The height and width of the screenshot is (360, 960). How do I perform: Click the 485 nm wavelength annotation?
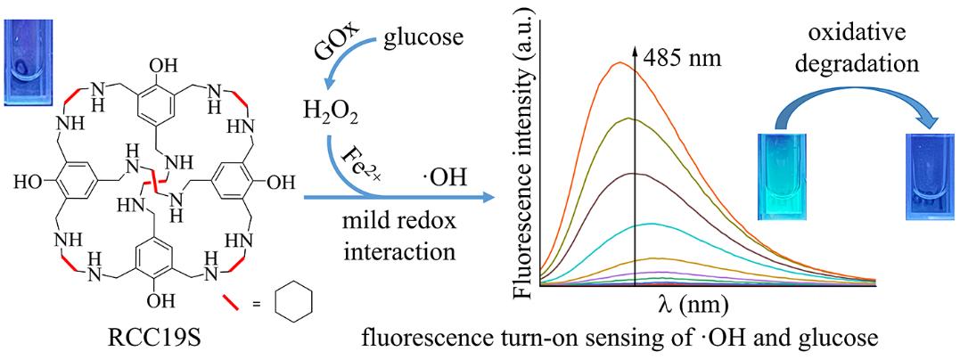click(685, 61)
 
